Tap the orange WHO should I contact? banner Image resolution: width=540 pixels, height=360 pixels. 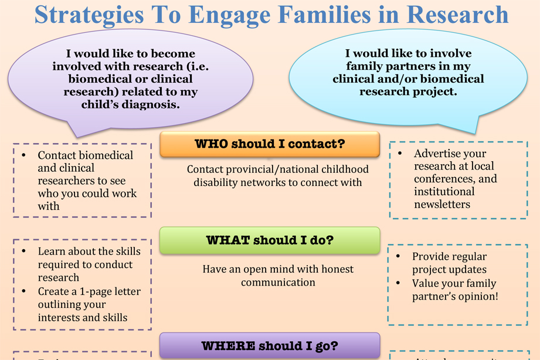(x=270, y=144)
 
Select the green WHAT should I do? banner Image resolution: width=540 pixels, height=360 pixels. (x=270, y=240)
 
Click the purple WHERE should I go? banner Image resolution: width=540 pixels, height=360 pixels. (x=270, y=345)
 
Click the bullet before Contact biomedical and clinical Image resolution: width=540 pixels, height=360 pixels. (x=23, y=156)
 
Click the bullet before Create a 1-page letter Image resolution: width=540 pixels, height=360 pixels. (x=23, y=291)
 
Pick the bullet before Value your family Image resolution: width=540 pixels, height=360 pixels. (x=398, y=284)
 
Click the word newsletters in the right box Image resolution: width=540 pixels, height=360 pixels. (x=442, y=205)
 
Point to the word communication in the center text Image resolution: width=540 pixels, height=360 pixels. (x=278, y=283)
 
